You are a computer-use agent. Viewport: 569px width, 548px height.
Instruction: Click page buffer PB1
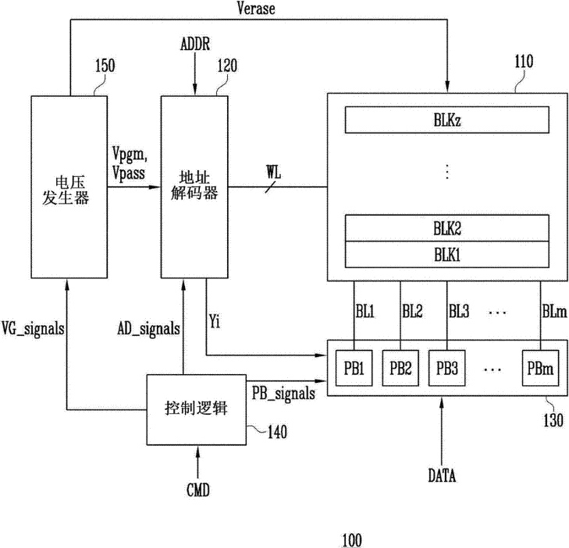point(354,367)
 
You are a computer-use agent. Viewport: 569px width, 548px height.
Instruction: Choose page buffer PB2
point(403,367)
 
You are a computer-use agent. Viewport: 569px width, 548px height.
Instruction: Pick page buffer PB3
point(449,367)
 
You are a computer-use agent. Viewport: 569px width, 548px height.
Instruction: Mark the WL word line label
point(275,169)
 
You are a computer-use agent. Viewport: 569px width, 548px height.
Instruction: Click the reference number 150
point(103,65)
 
